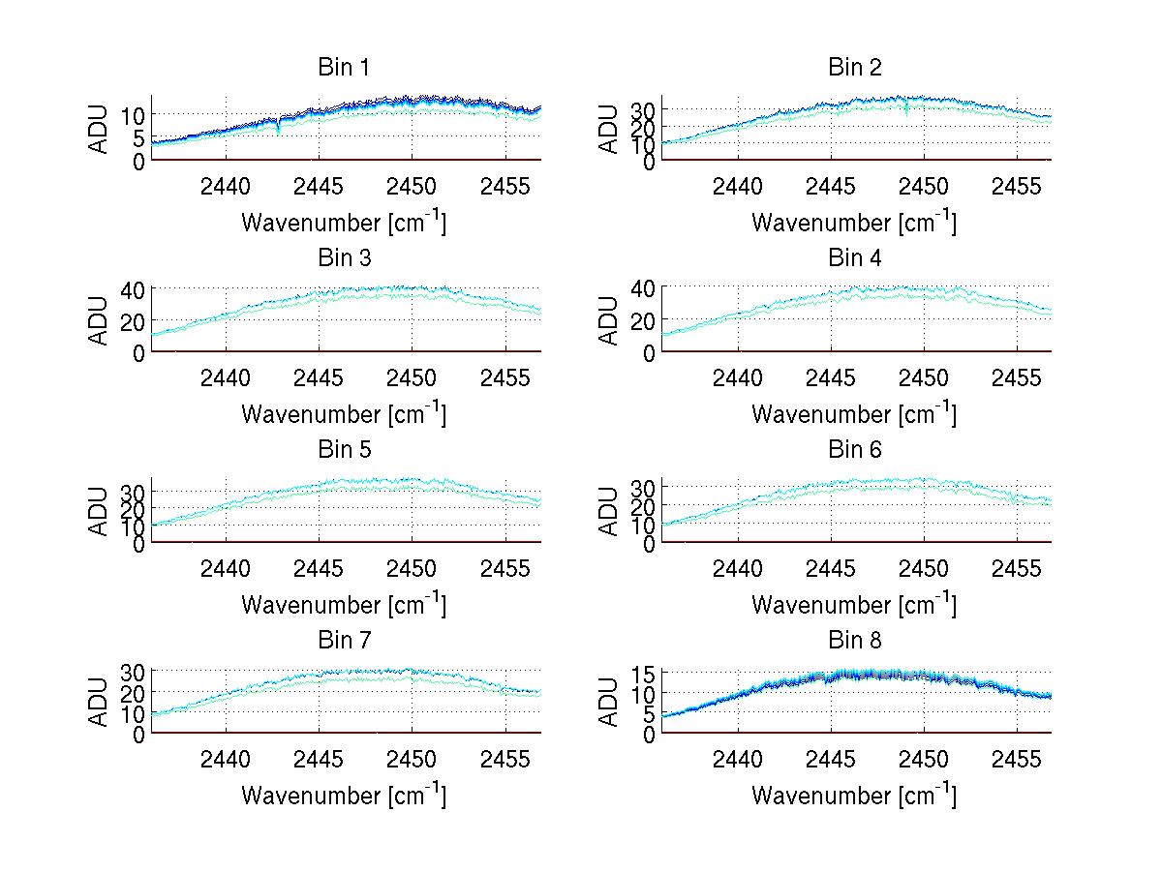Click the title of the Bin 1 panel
pos(344,68)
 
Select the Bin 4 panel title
pos(854,258)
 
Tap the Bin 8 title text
pos(854,640)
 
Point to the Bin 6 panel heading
pos(854,449)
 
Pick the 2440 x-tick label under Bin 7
pos(227,758)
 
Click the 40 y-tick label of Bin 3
pos(134,288)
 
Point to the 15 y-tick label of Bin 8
pos(645,673)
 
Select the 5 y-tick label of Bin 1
pos(138,138)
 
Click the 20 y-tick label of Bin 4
pos(645,320)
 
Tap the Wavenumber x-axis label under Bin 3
pos(344,413)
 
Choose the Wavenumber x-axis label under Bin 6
pos(854,604)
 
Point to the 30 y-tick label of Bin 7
pos(134,671)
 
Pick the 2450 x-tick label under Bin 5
pos(413,567)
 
